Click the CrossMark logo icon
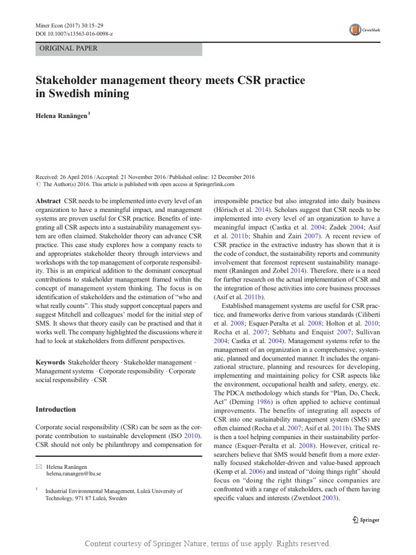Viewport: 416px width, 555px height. (x=355, y=30)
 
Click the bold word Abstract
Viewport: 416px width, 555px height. (x=48, y=200)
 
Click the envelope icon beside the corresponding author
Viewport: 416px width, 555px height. (x=38, y=466)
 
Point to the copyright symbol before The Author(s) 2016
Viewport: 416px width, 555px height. (x=38, y=185)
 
